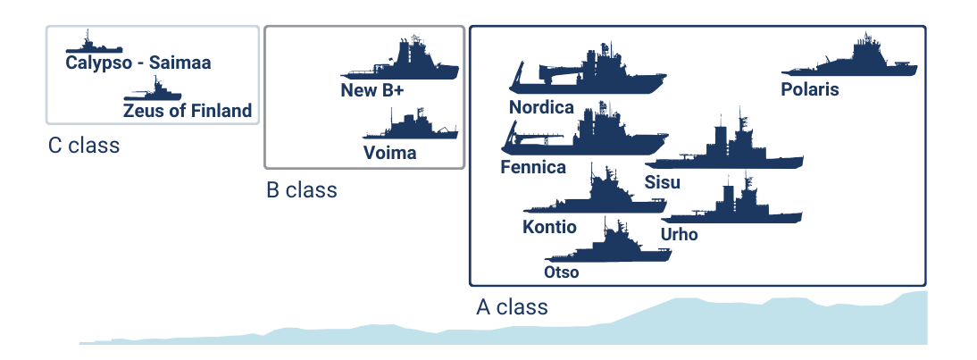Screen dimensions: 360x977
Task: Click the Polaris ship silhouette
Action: pyautogui.click(x=853, y=64)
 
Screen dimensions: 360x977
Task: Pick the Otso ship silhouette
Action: pyautogui.click(x=621, y=247)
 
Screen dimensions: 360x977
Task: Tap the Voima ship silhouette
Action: pyautogui.click(x=411, y=130)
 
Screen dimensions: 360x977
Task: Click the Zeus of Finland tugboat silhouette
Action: pyautogui.click(x=154, y=92)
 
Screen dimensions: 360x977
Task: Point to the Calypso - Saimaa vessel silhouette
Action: pyautogui.click(x=91, y=46)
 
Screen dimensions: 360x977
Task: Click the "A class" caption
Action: pyautogui.click(x=512, y=308)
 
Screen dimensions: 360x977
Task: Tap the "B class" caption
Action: pyautogui.click(x=302, y=190)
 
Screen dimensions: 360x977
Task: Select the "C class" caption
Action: pyautogui.click(x=84, y=146)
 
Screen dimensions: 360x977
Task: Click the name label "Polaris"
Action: pyautogui.click(x=809, y=89)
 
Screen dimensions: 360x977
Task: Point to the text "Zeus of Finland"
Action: pyautogui.click(x=188, y=112)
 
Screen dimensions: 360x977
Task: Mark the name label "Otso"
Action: pyautogui.click(x=561, y=272)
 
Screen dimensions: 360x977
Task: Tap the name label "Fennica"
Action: pyautogui.click(x=533, y=167)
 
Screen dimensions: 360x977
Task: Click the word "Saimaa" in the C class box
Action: pyautogui.click(x=180, y=63)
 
